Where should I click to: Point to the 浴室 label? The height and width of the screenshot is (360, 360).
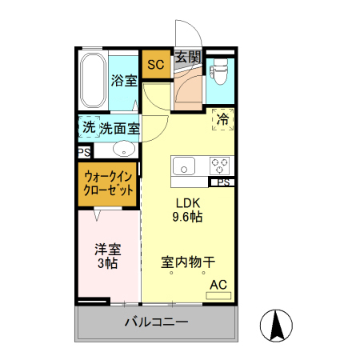[x=124, y=80]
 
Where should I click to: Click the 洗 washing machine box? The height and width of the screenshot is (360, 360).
[x=88, y=127]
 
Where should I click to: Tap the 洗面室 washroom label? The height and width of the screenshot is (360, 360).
[x=119, y=127]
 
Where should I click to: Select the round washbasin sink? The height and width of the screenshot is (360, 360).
[x=123, y=148]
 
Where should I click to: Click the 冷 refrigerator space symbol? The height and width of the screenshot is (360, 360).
[x=222, y=118]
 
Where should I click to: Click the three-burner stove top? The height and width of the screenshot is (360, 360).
[x=220, y=167]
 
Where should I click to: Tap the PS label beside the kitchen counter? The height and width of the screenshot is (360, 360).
[x=223, y=182]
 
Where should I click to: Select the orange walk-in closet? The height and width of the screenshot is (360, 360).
[x=108, y=185]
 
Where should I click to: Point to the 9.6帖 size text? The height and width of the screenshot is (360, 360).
[x=188, y=217]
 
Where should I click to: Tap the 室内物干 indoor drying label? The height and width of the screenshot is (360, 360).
[x=188, y=262]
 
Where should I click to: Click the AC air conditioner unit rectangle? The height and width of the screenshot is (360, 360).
[x=218, y=295]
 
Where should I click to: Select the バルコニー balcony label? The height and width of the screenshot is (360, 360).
[x=156, y=323]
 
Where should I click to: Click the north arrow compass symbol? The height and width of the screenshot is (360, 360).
[x=278, y=325]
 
